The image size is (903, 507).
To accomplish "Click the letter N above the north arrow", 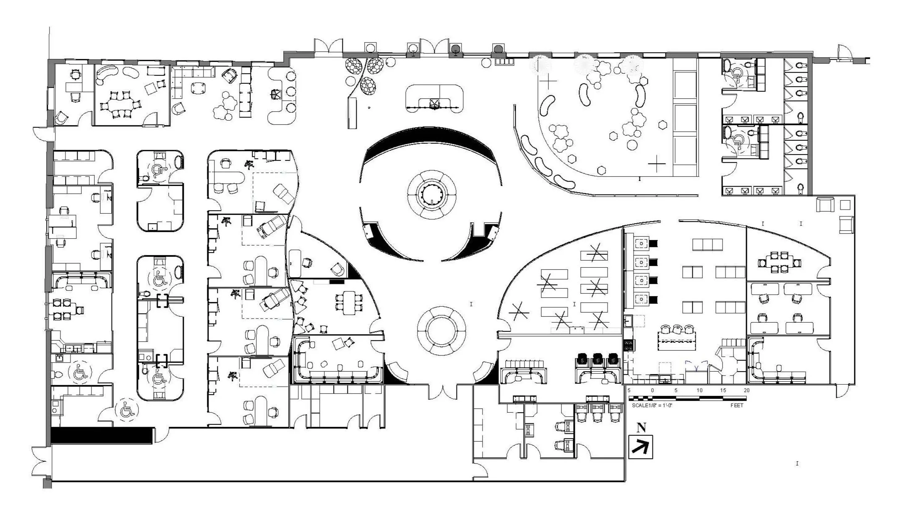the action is [x=641, y=428].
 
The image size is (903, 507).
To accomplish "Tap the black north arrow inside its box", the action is [x=640, y=447].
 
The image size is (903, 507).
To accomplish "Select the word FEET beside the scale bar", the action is [x=736, y=406].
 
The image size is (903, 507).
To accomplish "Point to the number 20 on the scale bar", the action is [x=746, y=391].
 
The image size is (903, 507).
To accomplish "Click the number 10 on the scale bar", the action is [x=699, y=391].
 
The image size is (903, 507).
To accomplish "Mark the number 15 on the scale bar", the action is [x=723, y=391].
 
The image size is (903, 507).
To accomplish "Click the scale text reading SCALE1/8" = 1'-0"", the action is [x=652, y=406].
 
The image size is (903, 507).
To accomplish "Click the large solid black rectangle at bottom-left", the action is [x=101, y=435].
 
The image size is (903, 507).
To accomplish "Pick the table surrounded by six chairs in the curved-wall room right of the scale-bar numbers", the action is [x=779, y=262].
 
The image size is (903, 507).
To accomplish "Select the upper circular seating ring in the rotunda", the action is [x=431, y=194].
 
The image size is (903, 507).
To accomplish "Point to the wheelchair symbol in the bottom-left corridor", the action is [x=127, y=410].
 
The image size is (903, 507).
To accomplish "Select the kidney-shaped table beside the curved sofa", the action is [x=130, y=72].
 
